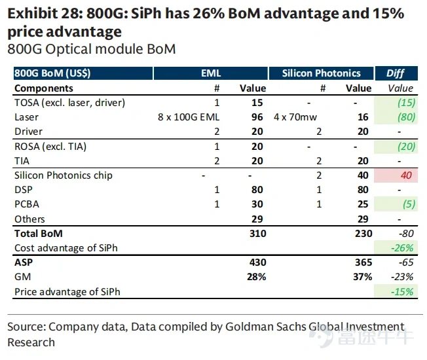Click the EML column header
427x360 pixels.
point(211,73)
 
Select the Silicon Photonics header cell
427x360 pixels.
point(321,73)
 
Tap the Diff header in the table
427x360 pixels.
point(396,73)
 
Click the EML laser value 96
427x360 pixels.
point(257,117)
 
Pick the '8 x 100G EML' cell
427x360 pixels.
point(189,117)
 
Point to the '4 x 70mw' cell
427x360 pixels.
point(295,117)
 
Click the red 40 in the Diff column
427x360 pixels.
point(406,175)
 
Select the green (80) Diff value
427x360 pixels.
point(406,117)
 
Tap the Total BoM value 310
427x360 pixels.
point(257,234)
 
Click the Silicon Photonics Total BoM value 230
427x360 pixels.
point(363,234)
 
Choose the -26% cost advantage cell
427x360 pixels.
point(402,248)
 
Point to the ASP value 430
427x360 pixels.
point(257,262)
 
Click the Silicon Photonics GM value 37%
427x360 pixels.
point(362,277)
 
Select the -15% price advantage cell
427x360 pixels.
point(402,292)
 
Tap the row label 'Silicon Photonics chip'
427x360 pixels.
point(63,175)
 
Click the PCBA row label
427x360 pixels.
point(27,204)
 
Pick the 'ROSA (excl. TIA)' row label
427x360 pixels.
point(50,147)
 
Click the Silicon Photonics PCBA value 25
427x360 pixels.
point(363,204)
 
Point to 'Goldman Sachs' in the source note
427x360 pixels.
point(266,327)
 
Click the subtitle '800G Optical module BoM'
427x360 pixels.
point(92,49)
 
